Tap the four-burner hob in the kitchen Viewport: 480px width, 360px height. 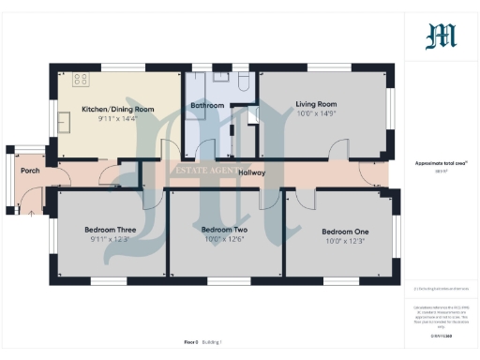81,81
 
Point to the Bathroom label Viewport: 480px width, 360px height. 207,106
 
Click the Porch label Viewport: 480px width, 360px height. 30,171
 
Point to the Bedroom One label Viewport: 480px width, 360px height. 345,232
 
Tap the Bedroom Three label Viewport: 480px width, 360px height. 111,230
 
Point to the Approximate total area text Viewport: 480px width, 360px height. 441,163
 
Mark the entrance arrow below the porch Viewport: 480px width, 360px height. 31,213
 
